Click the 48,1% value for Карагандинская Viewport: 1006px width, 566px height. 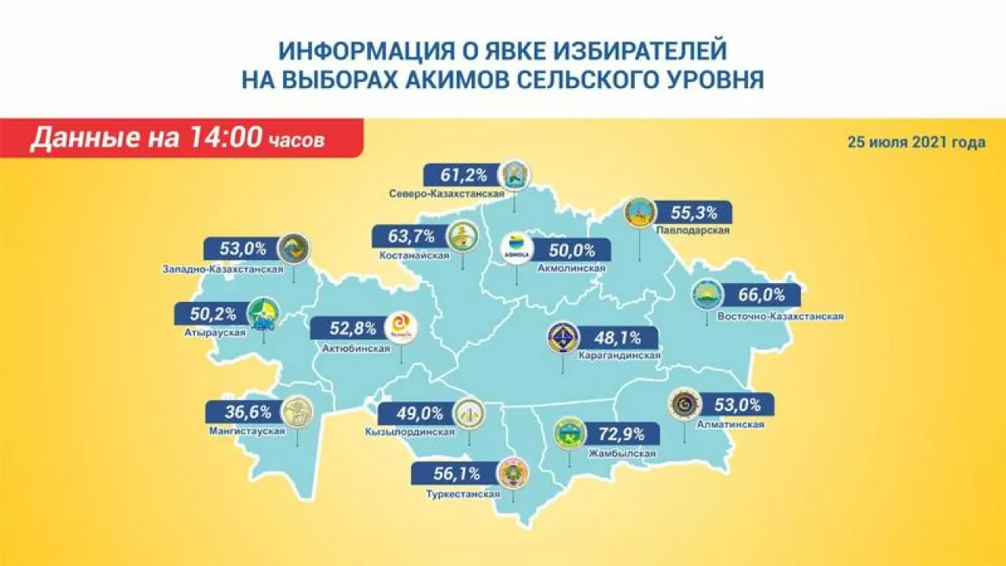point(618,339)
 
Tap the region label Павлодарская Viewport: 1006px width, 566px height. point(692,230)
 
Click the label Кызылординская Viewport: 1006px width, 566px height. point(410,432)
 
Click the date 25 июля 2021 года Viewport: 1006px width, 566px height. point(916,143)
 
